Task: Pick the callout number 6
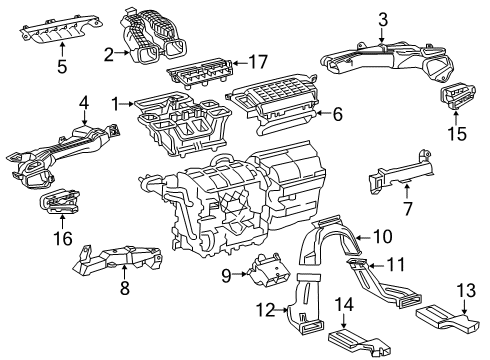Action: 338,116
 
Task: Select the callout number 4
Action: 85,101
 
